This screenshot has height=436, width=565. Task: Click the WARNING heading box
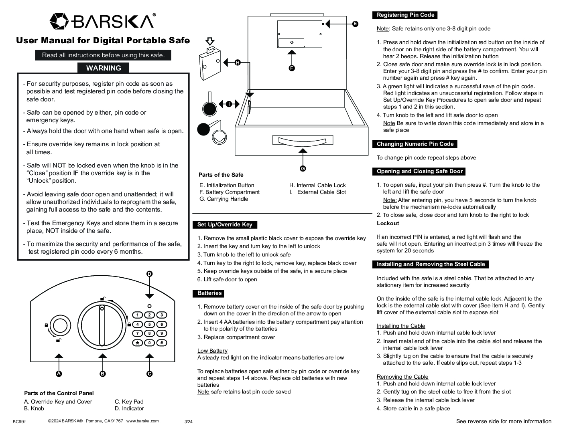(104, 68)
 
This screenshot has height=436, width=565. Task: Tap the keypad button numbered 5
(149, 325)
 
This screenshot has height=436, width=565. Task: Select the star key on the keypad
(137, 343)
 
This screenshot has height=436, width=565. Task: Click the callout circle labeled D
(149, 274)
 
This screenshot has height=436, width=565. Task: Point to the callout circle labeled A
(59, 374)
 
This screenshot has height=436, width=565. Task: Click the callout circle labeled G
(303, 169)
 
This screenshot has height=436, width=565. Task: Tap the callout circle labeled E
(355, 24)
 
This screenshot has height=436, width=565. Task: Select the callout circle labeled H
(238, 63)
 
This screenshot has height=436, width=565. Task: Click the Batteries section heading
(209, 293)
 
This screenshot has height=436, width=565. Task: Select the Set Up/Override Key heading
(225, 225)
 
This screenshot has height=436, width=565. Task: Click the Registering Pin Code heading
(405, 15)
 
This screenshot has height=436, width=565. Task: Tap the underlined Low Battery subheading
(212, 351)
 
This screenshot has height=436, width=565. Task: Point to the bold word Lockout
(388, 223)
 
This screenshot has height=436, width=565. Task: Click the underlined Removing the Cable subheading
(402, 377)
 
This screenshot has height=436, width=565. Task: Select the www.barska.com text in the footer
(142, 421)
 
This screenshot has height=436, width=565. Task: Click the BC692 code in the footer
(19, 422)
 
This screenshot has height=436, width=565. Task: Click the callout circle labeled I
(228, 104)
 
